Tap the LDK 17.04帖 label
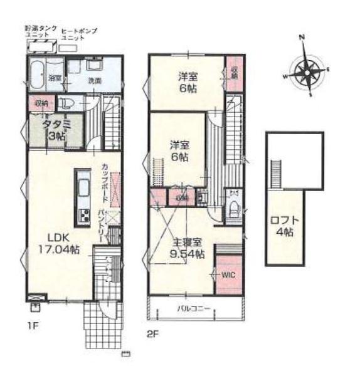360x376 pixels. (x=56, y=243)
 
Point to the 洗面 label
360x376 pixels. (x=95, y=81)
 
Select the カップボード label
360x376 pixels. (x=105, y=179)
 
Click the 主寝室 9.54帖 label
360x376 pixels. (x=188, y=248)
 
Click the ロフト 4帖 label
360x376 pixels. (x=284, y=226)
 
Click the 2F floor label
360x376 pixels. (x=153, y=333)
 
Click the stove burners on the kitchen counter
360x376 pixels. (x=82, y=218)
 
